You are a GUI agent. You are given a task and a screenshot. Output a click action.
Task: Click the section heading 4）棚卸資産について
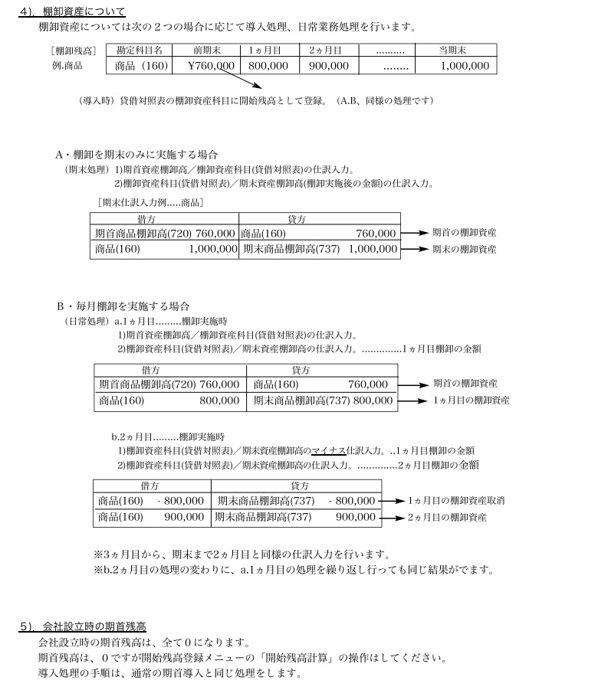coord(72,11)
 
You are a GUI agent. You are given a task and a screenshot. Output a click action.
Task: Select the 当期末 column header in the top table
coord(452,50)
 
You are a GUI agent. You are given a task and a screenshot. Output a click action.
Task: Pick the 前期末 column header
coord(208,50)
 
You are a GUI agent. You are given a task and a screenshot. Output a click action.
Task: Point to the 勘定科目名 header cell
coord(140,50)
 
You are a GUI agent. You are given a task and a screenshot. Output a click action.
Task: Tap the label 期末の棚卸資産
coord(464,249)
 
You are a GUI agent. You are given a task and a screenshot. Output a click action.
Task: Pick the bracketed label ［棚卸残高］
coord(73,51)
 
